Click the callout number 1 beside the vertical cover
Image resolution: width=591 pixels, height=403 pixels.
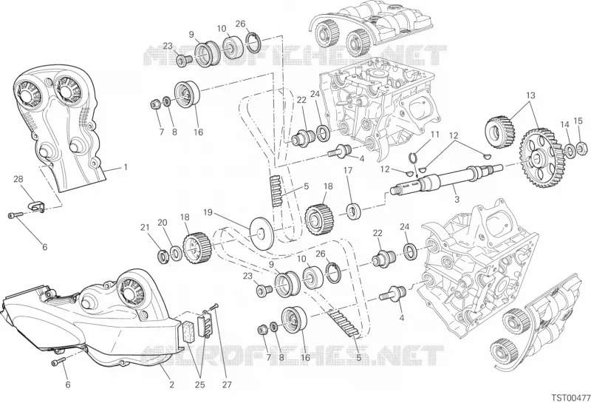click(126, 167)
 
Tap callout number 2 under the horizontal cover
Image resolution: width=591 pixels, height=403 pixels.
click(172, 385)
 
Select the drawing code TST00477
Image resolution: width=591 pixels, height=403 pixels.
click(571, 398)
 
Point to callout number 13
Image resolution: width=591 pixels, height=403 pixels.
click(530, 95)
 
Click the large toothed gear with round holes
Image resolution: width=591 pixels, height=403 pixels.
click(540, 158)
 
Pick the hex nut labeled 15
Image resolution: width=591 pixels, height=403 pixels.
click(581, 147)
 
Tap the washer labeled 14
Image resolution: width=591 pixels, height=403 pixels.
click(570, 150)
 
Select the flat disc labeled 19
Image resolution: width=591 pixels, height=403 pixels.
click(262, 232)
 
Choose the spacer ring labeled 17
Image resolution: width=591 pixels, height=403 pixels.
click(354, 211)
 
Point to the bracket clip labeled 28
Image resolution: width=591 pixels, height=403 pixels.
click(37, 206)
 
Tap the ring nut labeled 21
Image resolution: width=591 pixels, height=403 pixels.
click(163, 256)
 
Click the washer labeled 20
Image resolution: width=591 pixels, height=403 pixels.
click(176, 253)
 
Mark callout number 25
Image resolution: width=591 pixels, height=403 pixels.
click(199, 385)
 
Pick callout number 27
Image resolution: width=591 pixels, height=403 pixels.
click(227, 385)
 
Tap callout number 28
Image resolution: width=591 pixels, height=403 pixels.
click(18, 178)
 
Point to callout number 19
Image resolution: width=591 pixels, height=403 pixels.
click(208, 212)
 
